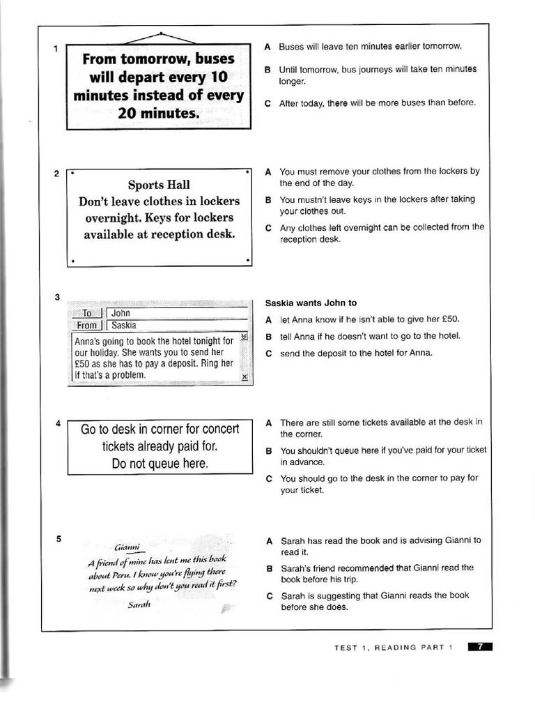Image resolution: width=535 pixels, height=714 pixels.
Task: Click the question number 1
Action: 55,49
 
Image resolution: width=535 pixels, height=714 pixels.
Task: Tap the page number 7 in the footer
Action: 480,647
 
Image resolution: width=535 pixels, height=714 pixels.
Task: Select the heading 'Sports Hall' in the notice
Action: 159,185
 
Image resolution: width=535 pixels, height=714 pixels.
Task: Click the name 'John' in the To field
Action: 121,313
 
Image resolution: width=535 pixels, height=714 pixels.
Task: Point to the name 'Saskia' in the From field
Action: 124,325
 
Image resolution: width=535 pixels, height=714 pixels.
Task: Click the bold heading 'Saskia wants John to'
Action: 311,303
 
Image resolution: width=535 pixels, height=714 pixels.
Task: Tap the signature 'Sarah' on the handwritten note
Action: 140,604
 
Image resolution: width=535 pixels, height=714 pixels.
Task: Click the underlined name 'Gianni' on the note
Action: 127,547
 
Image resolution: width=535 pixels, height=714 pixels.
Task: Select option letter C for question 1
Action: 267,102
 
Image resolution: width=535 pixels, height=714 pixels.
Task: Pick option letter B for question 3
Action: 268,336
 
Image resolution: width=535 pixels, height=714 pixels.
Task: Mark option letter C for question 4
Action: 269,478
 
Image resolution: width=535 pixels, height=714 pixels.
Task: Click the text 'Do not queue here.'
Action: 160,464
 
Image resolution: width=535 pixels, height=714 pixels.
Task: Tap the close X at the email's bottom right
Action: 244,377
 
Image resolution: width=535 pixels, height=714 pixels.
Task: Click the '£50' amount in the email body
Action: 84,363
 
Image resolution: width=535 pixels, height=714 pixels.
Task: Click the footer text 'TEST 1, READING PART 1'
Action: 393,648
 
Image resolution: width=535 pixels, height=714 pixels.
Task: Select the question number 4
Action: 59,423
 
